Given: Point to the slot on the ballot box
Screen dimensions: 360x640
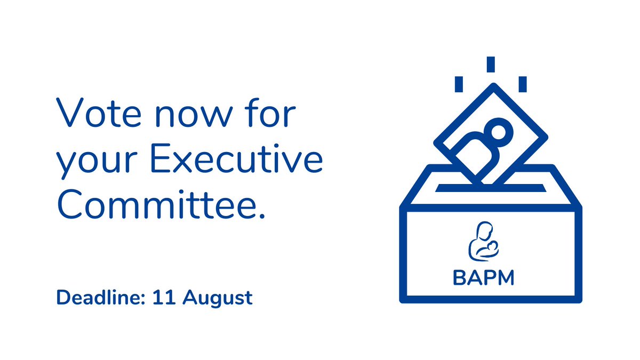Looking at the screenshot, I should (x=491, y=188).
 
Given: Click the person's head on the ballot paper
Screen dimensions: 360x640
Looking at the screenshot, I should (x=499, y=131).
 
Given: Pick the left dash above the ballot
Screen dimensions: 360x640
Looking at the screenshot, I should (x=458, y=84).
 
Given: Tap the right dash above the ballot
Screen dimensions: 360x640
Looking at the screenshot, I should (x=523, y=84).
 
